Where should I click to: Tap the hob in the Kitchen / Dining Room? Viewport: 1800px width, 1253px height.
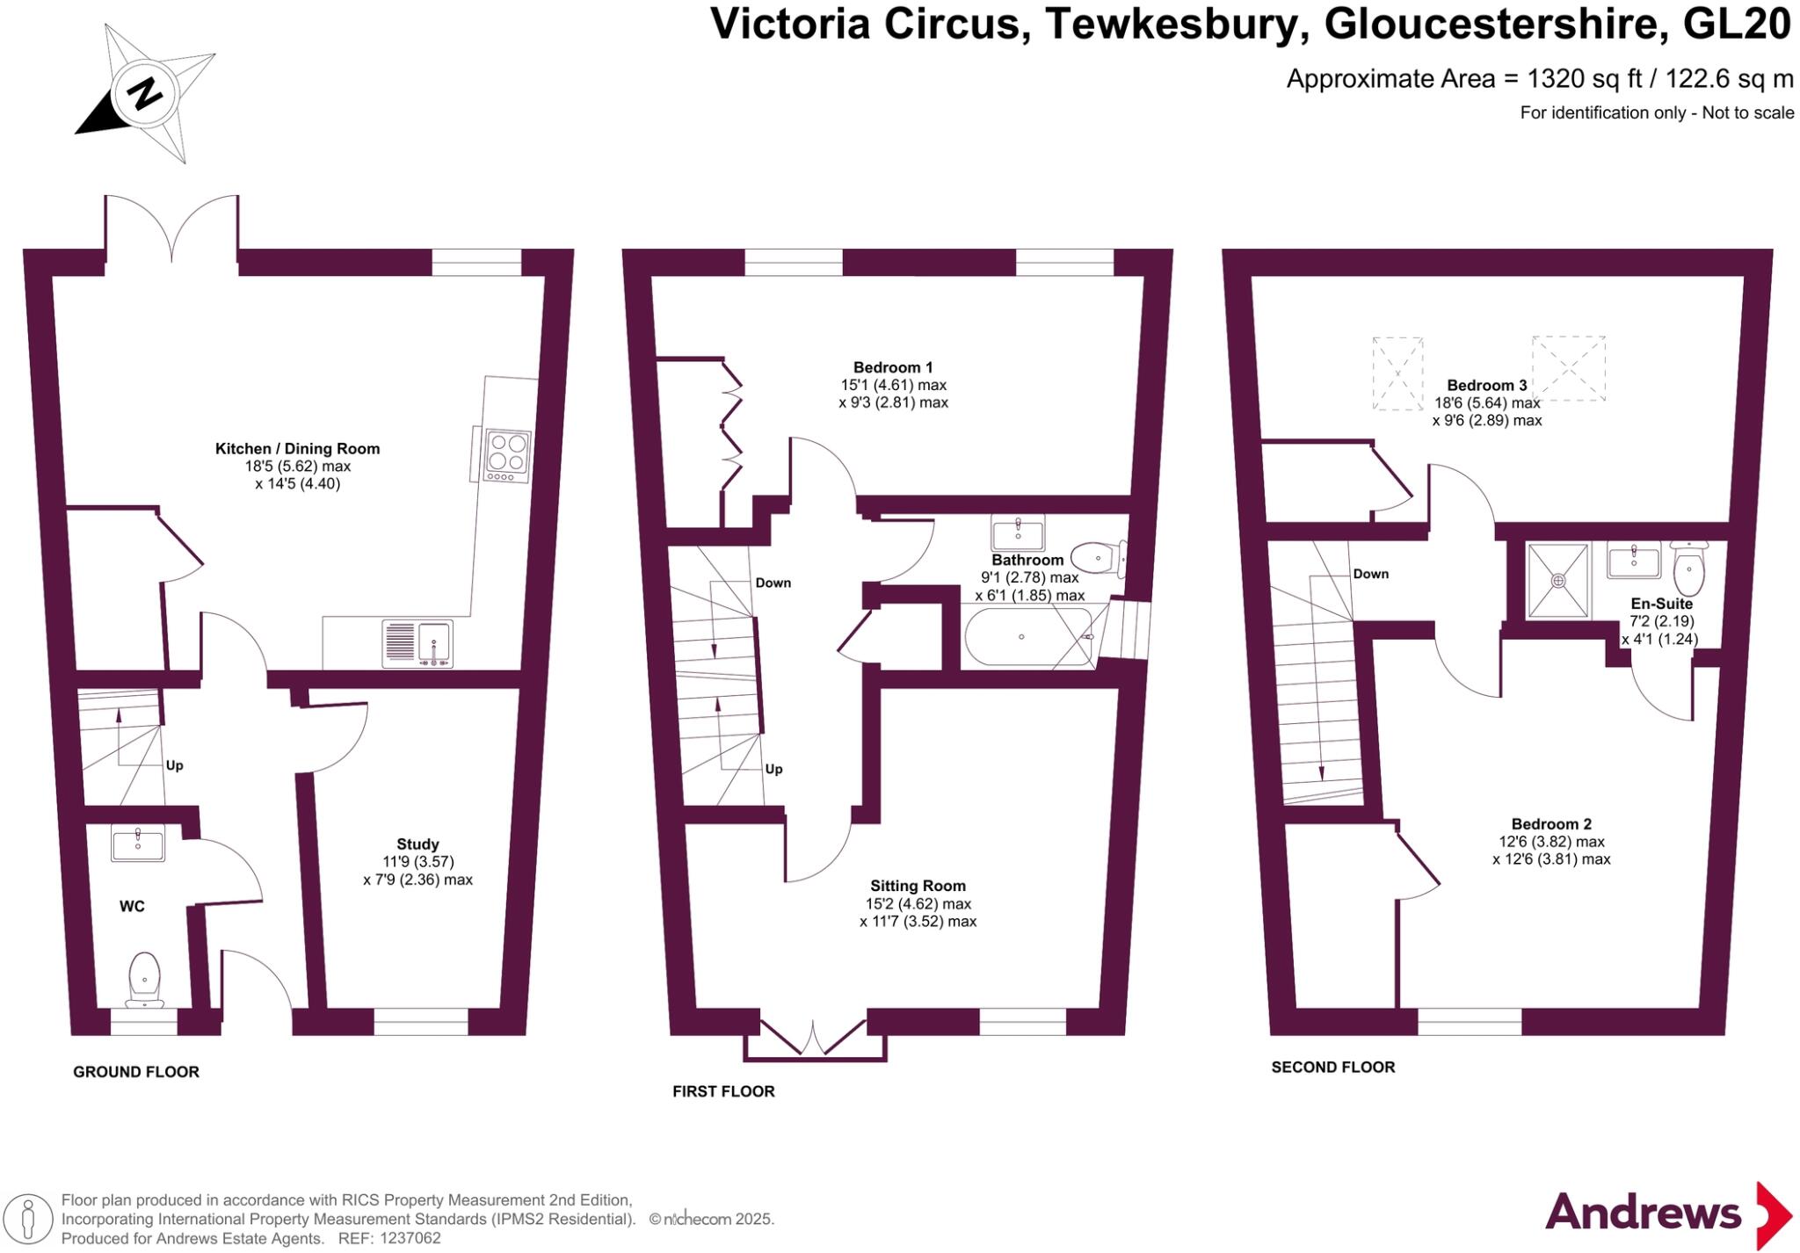tap(507, 455)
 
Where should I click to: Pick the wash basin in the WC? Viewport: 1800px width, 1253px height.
tap(138, 844)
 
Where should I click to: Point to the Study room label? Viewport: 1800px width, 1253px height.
tap(417, 844)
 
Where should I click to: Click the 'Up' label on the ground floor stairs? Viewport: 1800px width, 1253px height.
tap(175, 765)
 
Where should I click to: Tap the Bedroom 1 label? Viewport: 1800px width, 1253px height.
tap(893, 367)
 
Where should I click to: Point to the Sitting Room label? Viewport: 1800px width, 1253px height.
tap(918, 886)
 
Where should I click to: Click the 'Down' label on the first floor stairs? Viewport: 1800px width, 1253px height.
tap(773, 583)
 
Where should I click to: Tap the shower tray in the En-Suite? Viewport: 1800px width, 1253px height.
tap(1558, 580)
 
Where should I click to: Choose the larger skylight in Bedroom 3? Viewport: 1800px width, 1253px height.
tap(1569, 368)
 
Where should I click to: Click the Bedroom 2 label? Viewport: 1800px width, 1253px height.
tap(1551, 824)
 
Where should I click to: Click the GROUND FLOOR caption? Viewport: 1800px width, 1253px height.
tap(136, 1072)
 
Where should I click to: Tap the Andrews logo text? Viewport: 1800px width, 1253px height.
tap(1643, 1214)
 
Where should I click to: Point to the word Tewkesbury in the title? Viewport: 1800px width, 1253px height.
tap(1172, 25)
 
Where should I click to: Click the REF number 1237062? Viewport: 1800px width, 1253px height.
tap(410, 1239)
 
